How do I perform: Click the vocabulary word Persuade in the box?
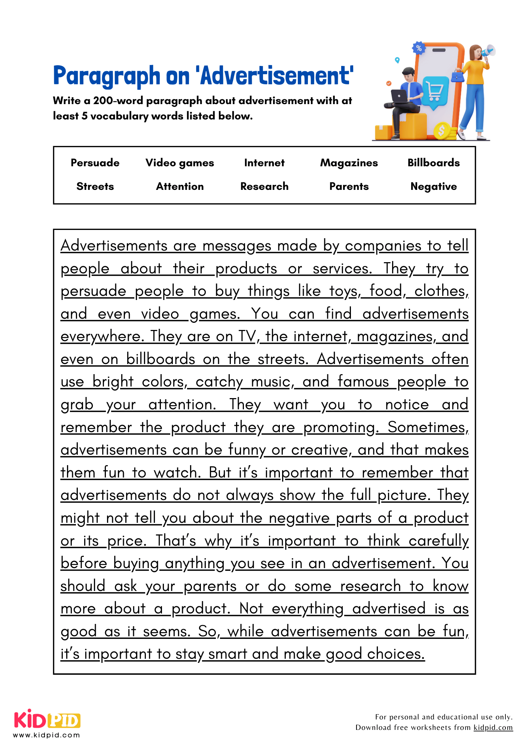point(95,163)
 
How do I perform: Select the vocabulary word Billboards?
point(434,163)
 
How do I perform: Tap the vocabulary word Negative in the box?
point(434,187)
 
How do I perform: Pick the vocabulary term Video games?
point(180,163)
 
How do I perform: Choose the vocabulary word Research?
point(264,187)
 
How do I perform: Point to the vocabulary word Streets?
point(95,187)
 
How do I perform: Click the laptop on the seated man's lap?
point(400,96)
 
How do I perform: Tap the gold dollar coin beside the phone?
point(442,131)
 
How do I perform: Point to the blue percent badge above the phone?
point(419,48)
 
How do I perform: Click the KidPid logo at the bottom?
point(47,720)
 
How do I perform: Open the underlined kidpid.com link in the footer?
point(493,727)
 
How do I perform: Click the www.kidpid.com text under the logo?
point(47,735)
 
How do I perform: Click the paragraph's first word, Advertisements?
point(114,246)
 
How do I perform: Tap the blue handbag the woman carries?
point(457,77)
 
